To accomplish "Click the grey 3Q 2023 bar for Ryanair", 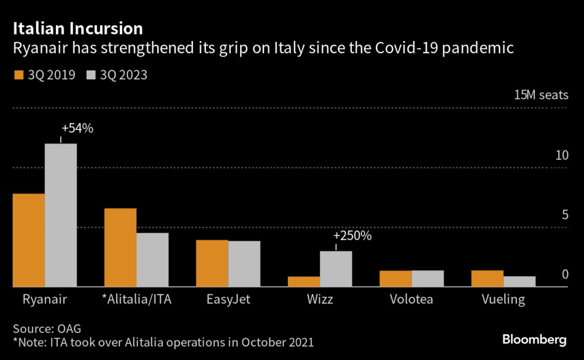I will click(x=61, y=215).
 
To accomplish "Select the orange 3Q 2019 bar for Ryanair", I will click(x=29, y=240).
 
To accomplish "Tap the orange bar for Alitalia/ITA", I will click(x=120, y=248).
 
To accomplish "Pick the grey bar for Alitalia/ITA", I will click(x=152, y=260).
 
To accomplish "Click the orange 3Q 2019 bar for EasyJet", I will click(x=212, y=264).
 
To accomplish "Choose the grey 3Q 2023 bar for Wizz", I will click(x=336, y=269).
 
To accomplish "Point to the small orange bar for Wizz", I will click(x=304, y=281).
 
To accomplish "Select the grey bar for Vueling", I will click(x=520, y=281).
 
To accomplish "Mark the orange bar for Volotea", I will click(x=396, y=278).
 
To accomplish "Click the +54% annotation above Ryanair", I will click(x=77, y=128).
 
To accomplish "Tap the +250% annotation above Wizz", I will click(x=352, y=236).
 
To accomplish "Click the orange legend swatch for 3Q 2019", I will click(x=18, y=75).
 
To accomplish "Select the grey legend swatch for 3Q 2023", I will click(x=91, y=75).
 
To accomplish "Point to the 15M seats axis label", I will click(x=541, y=95).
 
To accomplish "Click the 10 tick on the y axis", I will click(x=562, y=155).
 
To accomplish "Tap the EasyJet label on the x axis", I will click(x=228, y=300).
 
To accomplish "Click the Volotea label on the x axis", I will click(x=412, y=300).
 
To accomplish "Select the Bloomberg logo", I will click(x=534, y=340).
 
